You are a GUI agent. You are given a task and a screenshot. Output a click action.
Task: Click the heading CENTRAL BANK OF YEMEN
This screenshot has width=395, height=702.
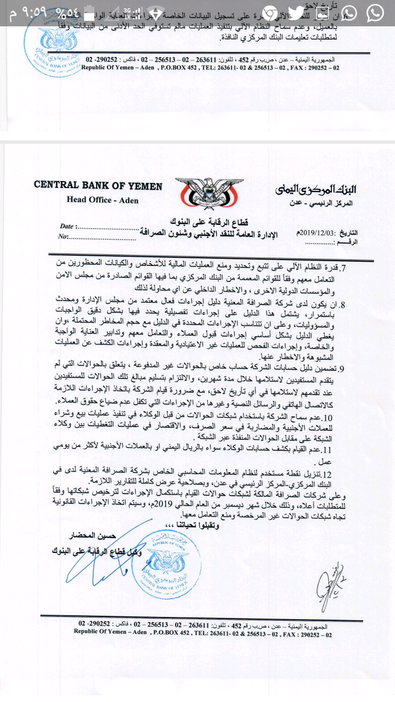98,185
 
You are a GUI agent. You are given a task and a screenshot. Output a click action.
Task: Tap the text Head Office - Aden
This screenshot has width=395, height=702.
103,200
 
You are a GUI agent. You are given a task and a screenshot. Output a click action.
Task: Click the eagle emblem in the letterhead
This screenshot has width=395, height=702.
205,194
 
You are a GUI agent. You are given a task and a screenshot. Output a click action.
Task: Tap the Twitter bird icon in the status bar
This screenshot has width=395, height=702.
296,12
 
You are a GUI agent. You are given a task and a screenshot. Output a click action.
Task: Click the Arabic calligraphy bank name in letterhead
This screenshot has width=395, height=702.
316,189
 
